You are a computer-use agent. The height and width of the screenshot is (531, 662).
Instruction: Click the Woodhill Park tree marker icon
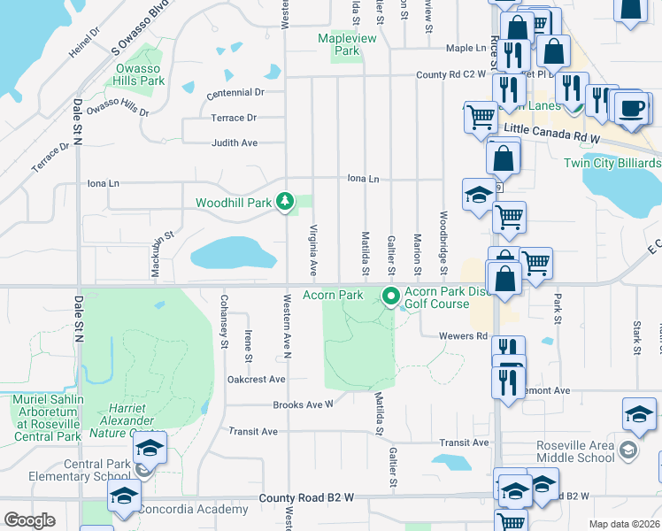[x=285, y=203]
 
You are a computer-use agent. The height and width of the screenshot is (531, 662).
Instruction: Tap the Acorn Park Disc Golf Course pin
[x=389, y=296]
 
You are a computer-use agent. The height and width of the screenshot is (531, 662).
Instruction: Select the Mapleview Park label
[x=347, y=44]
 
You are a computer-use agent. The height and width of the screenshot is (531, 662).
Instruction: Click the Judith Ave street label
[x=234, y=142]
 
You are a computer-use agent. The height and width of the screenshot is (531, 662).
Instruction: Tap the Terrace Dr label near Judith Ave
[x=234, y=118]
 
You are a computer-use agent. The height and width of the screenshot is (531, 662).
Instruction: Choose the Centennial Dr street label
[x=235, y=92]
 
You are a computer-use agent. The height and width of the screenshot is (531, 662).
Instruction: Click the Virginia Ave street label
[x=312, y=249]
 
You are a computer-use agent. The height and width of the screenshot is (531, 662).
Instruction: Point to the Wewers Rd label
[x=464, y=336]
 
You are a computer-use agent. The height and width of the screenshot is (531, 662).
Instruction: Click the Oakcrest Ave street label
[x=256, y=379]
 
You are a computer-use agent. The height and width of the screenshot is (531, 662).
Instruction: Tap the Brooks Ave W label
[x=303, y=404]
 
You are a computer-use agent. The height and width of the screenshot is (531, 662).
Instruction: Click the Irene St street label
[x=249, y=344]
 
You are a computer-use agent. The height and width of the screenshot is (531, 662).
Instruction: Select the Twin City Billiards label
[x=612, y=164]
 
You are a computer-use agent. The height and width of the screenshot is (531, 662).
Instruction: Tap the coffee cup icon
[x=630, y=108]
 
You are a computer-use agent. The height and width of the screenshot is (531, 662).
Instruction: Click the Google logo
[x=30, y=520]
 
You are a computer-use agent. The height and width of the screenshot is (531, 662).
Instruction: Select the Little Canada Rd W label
[x=552, y=139]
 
